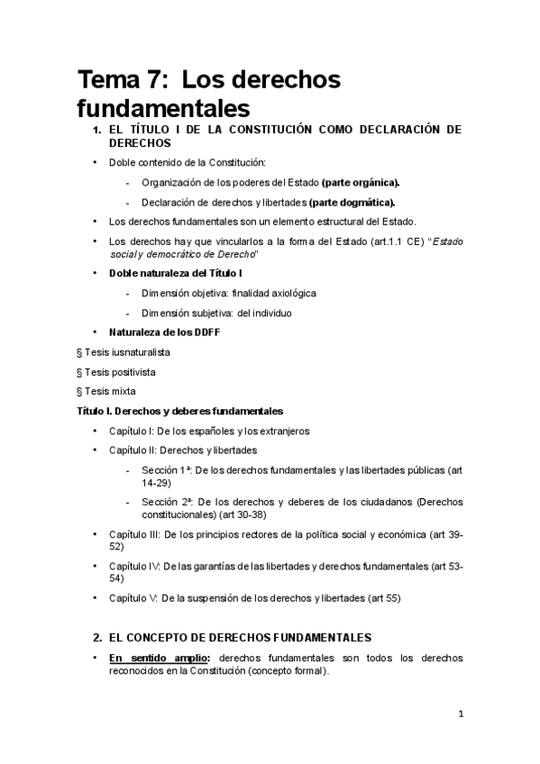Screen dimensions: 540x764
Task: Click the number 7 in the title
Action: tap(151, 80)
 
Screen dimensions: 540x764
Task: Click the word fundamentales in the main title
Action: tap(161, 109)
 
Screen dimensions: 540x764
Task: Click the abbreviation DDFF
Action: tap(205, 332)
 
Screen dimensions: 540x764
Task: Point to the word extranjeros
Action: tap(279, 431)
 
